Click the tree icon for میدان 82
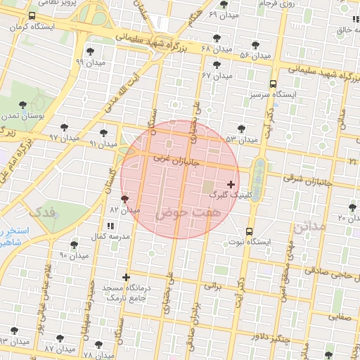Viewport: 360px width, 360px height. click(x=125, y=199)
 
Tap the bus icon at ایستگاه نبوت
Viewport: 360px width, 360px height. click(x=250, y=231)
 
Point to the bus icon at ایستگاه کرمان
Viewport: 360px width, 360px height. click(x=32, y=16)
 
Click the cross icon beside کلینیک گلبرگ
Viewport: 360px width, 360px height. click(x=231, y=184)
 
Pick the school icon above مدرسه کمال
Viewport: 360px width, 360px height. click(x=110, y=226)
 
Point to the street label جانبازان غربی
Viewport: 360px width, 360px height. click(x=176, y=161)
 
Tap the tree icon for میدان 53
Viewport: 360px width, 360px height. click(x=241, y=129)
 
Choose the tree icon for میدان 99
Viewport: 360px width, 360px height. click(x=90, y=51)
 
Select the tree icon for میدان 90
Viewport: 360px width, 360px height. click(x=74, y=245)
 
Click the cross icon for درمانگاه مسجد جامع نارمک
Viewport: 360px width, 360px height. click(x=126, y=277)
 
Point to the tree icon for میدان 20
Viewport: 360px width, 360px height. click(x=352, y=207)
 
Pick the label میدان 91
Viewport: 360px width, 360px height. click(x=103, y=143)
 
